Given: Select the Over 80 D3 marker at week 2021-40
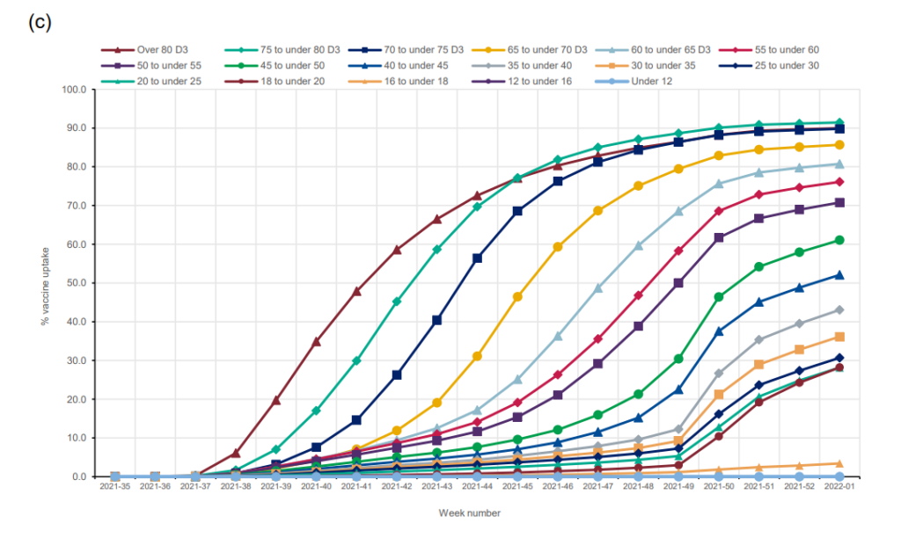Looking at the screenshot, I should [x=316, y=341].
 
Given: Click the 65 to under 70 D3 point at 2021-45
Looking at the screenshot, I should [x=517, y=297].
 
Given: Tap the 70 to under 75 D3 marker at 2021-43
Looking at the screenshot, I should [x=437, y=320].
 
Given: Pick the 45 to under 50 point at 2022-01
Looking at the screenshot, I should [x=839, y=240].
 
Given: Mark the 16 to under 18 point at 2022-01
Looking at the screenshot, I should [x=839, y=463].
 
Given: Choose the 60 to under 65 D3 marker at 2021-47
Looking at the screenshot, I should [x=597, y=287].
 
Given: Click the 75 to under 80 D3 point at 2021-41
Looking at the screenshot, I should [x=356, y=360].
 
